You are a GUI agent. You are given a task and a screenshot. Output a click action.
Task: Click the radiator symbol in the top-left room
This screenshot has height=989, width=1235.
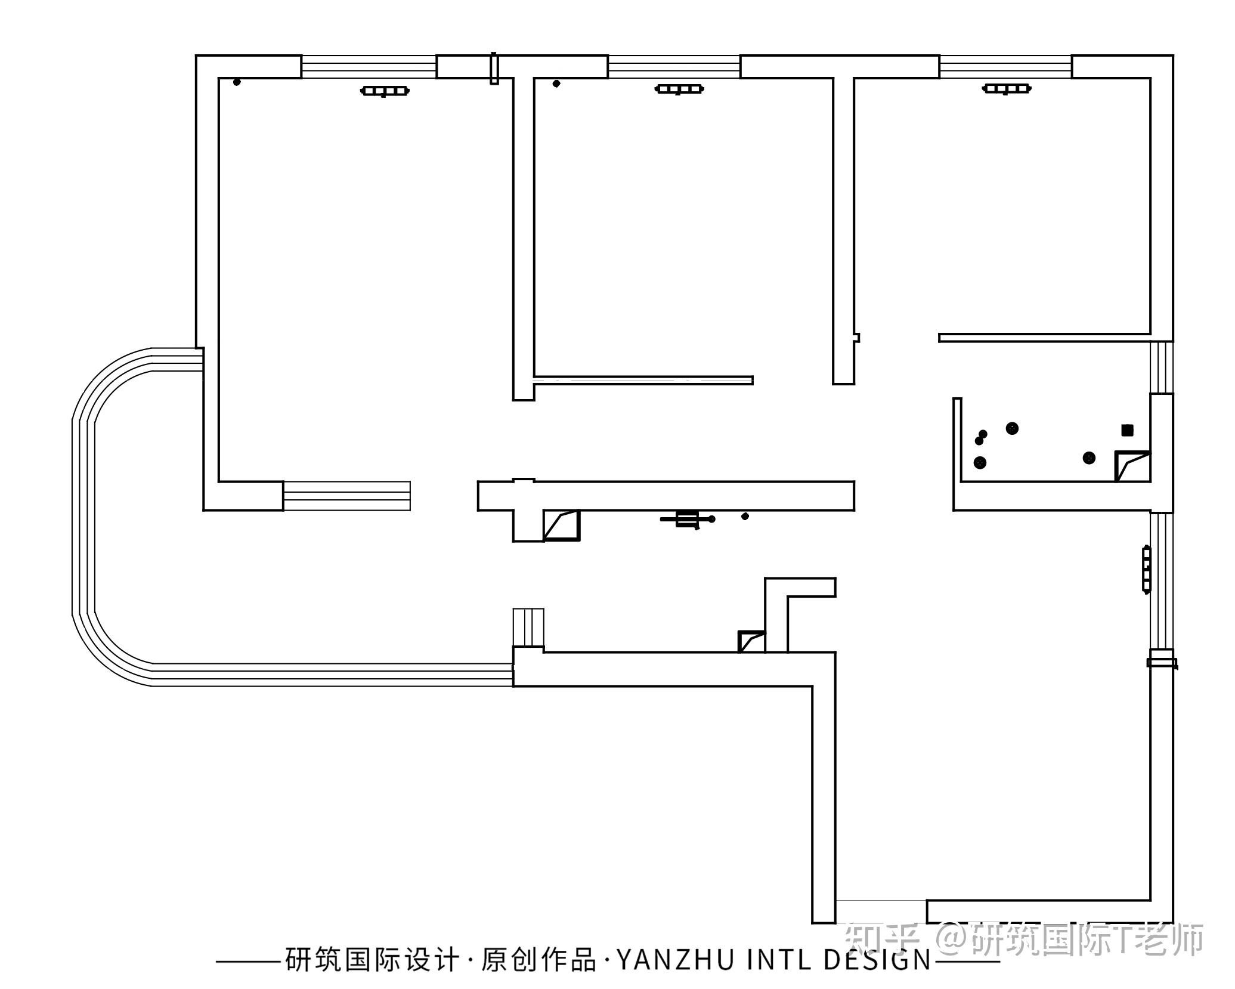pos(385,91)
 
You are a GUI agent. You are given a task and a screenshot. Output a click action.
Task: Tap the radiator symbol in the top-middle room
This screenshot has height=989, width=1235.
pos(679,89)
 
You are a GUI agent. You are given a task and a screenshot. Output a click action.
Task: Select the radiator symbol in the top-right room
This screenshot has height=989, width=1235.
pos(1007,89)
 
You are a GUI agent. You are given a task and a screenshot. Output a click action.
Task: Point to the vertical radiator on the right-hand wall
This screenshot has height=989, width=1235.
pos(1146,569)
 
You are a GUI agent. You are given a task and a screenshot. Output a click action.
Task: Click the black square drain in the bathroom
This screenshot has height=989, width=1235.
pos(1127,430)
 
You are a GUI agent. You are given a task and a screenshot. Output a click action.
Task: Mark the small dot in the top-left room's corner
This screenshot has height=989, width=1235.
pos(237,82)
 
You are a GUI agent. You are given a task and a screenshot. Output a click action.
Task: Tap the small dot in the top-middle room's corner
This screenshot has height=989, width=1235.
pos(556,84)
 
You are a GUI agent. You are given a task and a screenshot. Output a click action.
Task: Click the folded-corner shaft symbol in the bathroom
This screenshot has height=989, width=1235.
pos(1132,466)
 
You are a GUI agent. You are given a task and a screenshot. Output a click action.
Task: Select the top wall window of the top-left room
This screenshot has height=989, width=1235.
pos(369,66)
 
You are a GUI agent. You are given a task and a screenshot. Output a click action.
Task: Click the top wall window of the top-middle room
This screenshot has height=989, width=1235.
pos(674,66)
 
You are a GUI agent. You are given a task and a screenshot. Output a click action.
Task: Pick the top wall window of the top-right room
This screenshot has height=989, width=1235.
pos(1005,66)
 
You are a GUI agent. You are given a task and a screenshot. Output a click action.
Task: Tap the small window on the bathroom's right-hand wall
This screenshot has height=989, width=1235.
pos(1161,367)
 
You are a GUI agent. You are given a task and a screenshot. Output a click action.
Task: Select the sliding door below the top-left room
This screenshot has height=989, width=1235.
pos(346,496)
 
